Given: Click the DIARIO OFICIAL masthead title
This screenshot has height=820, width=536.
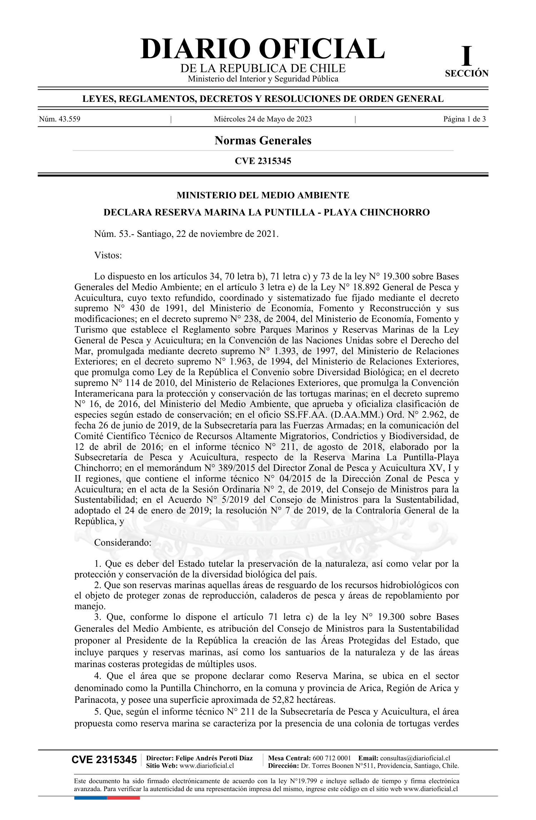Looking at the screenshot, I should pyautogui.click(x=263, y=49).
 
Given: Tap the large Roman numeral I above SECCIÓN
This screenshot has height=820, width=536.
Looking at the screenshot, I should pyautogui.click(x=466, y=56).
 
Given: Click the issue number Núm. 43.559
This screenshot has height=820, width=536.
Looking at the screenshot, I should pyautogui.click(x=60, y=119).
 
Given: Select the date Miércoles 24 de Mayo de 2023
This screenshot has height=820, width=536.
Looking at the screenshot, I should pyautogui.click(x=263, y=119).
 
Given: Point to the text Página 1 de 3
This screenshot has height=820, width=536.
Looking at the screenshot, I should pyautogui.click(x=464, y=119).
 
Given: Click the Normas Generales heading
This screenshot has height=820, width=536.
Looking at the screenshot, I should pyautogui.click(x=263, y=140).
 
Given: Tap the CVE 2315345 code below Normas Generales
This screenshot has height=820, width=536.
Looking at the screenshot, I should pyautogui.click(x=263, y=161).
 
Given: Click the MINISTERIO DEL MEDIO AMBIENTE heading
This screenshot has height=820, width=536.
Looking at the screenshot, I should pyautogui.click(x=263, y=195).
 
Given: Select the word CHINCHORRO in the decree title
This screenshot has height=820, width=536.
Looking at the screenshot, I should pyautogui.click(x=394, y=213).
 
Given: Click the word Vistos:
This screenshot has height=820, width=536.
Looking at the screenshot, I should pyautogui.click(x=108, y=255).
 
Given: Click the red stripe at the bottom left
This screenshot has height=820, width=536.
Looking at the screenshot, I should pyautogui.click(x=123, y=798).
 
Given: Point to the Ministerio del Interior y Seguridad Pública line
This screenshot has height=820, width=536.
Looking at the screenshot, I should pyautogui.click(x=263, y=79).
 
